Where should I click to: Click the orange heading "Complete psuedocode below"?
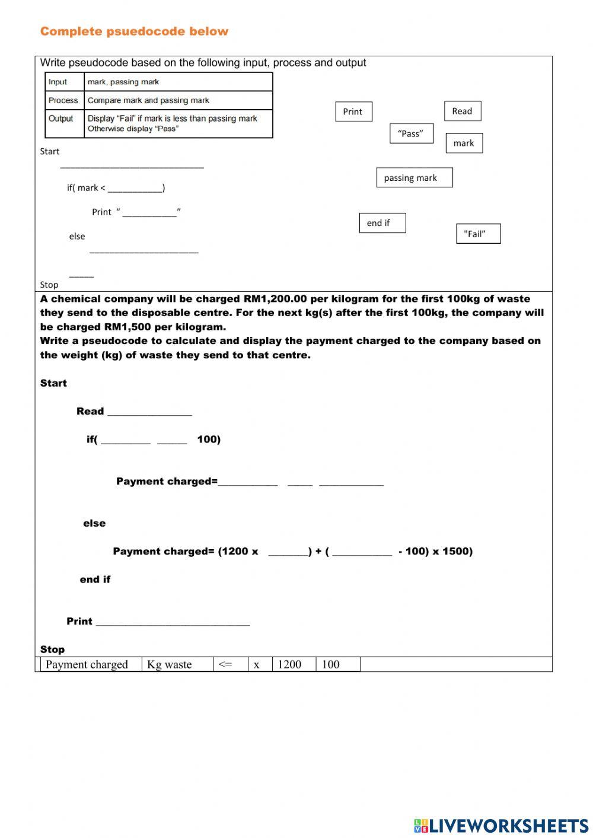tap(134, 31)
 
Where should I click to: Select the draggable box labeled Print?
tap(353, 111)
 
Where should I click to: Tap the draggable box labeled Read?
tap(463, 111)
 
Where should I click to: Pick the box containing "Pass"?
tap(411, 133)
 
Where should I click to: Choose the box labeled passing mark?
tap(414, 177)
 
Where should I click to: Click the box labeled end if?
tap(382, 223)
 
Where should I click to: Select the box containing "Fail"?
tap(478, 234)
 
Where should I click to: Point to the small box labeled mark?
tap(464, 143)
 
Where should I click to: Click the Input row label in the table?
tap(58, 82)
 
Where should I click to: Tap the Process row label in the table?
tap(63, 100)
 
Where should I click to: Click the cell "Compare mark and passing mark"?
tap(148, 100)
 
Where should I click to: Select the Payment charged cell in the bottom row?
tap(87, 664)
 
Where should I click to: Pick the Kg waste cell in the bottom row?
tap(170, 664)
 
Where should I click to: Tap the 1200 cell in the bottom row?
tap(289, 664)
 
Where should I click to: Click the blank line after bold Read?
tap(149, 411)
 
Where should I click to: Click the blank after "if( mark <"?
tap(135, 188)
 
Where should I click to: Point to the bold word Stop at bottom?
tap(52, 649)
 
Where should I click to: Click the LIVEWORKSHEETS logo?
tap(501, 826)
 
